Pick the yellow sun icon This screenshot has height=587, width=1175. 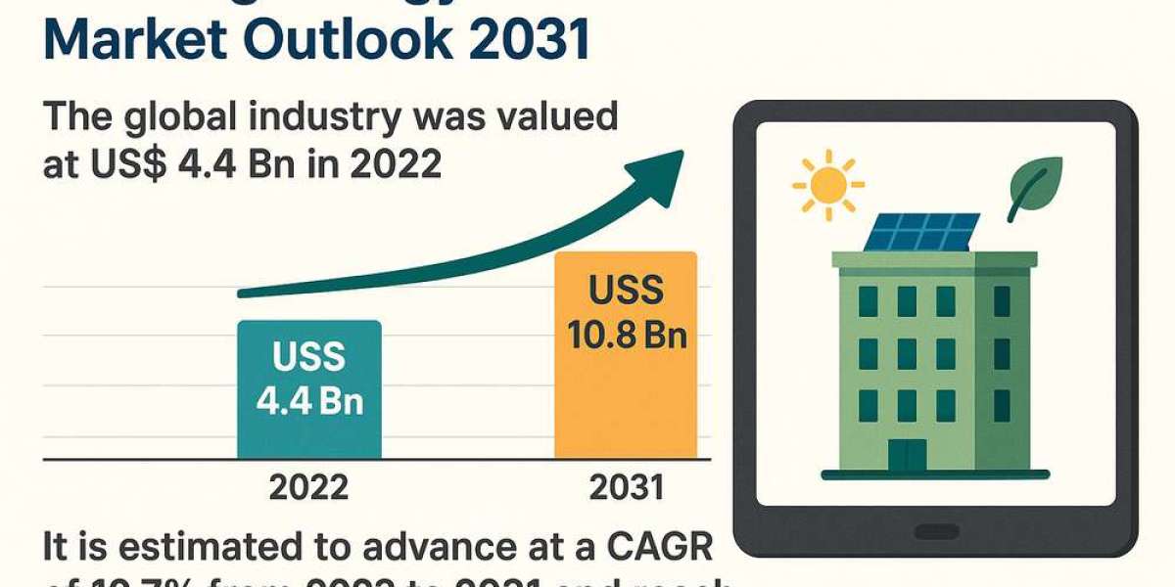coord(828,183)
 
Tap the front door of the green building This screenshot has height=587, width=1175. coord(907,454)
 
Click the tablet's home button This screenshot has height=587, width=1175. coord(936,532)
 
